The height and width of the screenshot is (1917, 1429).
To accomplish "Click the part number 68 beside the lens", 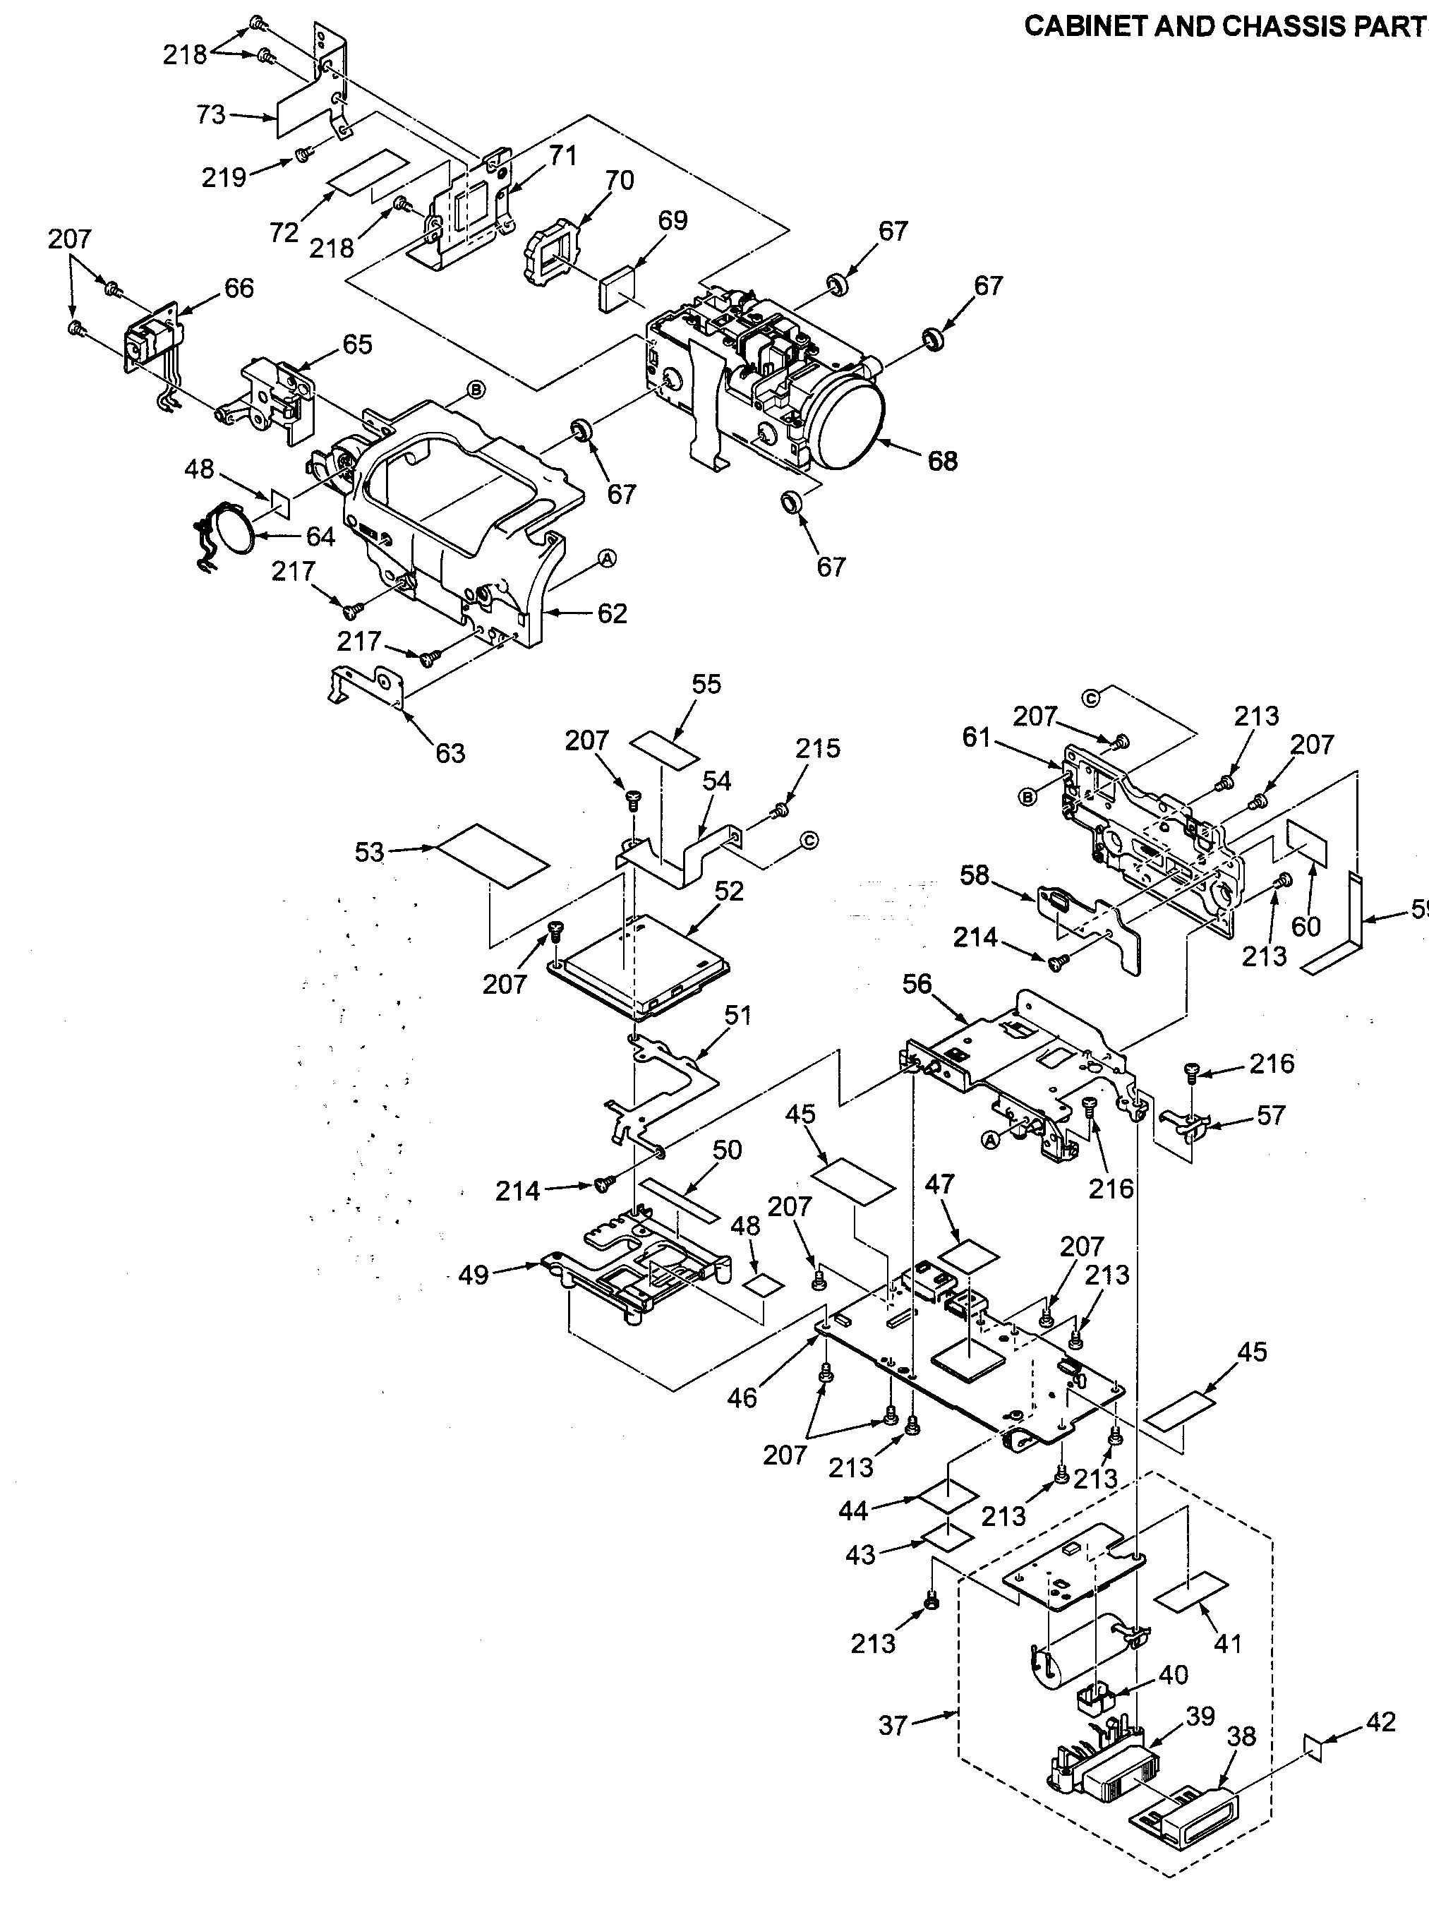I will tap(942, 461).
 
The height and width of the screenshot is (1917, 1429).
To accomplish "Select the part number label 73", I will tap(210, 115).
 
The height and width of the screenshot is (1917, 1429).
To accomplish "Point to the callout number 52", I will tap(728, 891).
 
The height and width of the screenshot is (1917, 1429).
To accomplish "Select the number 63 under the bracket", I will tap(450, 752).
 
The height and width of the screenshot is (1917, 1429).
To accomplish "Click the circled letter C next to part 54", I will tap(809, 839).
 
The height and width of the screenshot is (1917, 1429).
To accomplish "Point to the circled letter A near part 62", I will tap(608, 560).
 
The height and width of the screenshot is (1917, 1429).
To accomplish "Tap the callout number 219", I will tap(224, 177).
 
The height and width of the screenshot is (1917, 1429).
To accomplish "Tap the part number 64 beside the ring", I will tap(320, 536).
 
